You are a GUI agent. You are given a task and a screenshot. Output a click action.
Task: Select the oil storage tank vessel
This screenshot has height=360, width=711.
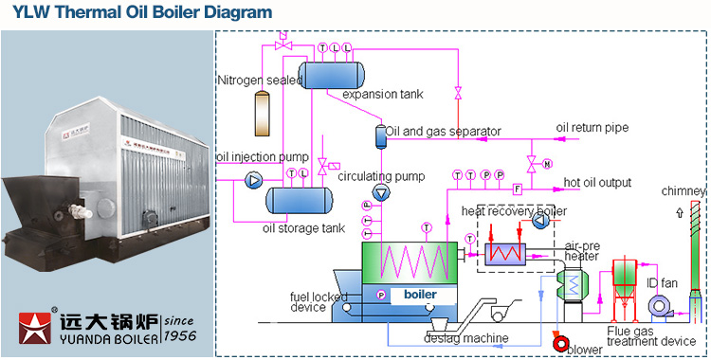click(x=299, y=200)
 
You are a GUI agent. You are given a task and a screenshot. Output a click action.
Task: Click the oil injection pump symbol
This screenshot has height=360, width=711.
click(x=253, y=178)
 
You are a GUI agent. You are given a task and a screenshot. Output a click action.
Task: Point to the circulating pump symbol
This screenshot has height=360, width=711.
click(x=381, y=192)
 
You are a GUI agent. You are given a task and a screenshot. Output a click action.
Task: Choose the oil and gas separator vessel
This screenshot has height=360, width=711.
click(x=381, y=135)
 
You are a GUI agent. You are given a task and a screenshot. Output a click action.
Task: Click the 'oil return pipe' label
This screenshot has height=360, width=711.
click(x=592, y=128)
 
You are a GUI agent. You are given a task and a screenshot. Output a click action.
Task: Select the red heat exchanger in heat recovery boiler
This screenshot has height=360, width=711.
click(x=506, y=253)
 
